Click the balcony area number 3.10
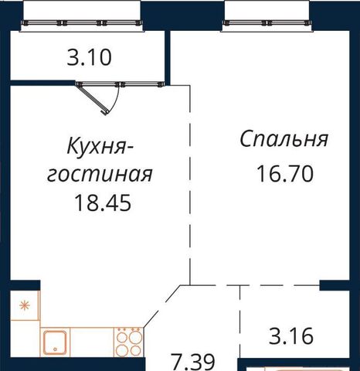(89, 57)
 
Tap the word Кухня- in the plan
(100, 146)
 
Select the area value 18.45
(103, 203)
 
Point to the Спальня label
(284, 139)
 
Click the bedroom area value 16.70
(285, 174)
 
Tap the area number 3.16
(291, 335)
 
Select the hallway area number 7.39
(193, 362)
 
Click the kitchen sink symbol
(55, 342)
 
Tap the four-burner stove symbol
(128, 342)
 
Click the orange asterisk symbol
(25, 305)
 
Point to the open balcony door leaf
(91, 100)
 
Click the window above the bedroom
(267, 23)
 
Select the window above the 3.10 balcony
(81, 23)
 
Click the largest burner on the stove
(136, 337)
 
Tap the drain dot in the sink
(55, 349)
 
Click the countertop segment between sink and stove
(92, 342)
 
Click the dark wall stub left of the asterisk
(25, 285)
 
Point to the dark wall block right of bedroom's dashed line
(335, 285)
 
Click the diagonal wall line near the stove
(162, 307)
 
